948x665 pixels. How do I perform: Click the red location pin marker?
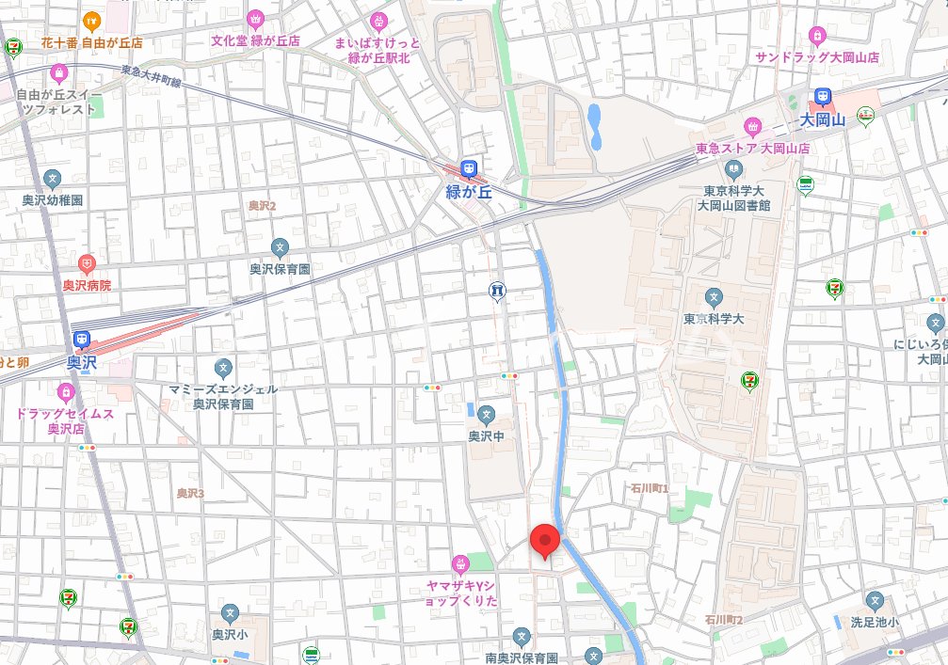[545, 541]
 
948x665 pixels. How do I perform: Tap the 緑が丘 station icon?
[468, 170]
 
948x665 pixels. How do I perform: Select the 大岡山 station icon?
[823, 97]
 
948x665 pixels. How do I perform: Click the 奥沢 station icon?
[82, 340]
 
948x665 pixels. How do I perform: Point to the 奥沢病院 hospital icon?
[87, 264]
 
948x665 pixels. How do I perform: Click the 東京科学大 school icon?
[714, 298]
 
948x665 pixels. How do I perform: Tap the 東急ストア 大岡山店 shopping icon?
[752, 126]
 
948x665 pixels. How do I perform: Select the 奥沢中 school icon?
[486, 414]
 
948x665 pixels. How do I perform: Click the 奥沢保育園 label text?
[280, 269]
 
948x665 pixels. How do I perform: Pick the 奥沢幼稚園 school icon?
[54, 179]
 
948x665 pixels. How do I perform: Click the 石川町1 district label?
[651, 489]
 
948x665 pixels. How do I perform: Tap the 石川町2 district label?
[724, 620]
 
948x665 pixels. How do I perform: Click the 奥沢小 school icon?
[230, 613]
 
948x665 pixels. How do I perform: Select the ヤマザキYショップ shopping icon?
[460, 564]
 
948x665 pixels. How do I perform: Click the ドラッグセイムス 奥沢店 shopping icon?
[65, 391]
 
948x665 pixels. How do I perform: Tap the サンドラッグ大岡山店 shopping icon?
[816, 36]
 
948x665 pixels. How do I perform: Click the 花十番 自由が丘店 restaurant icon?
[91, 19]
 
